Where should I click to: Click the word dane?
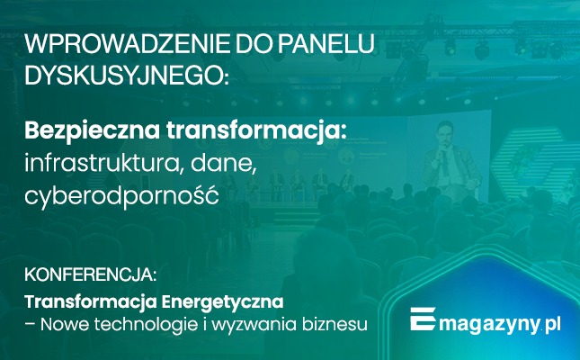235,163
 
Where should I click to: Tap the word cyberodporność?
120,194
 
